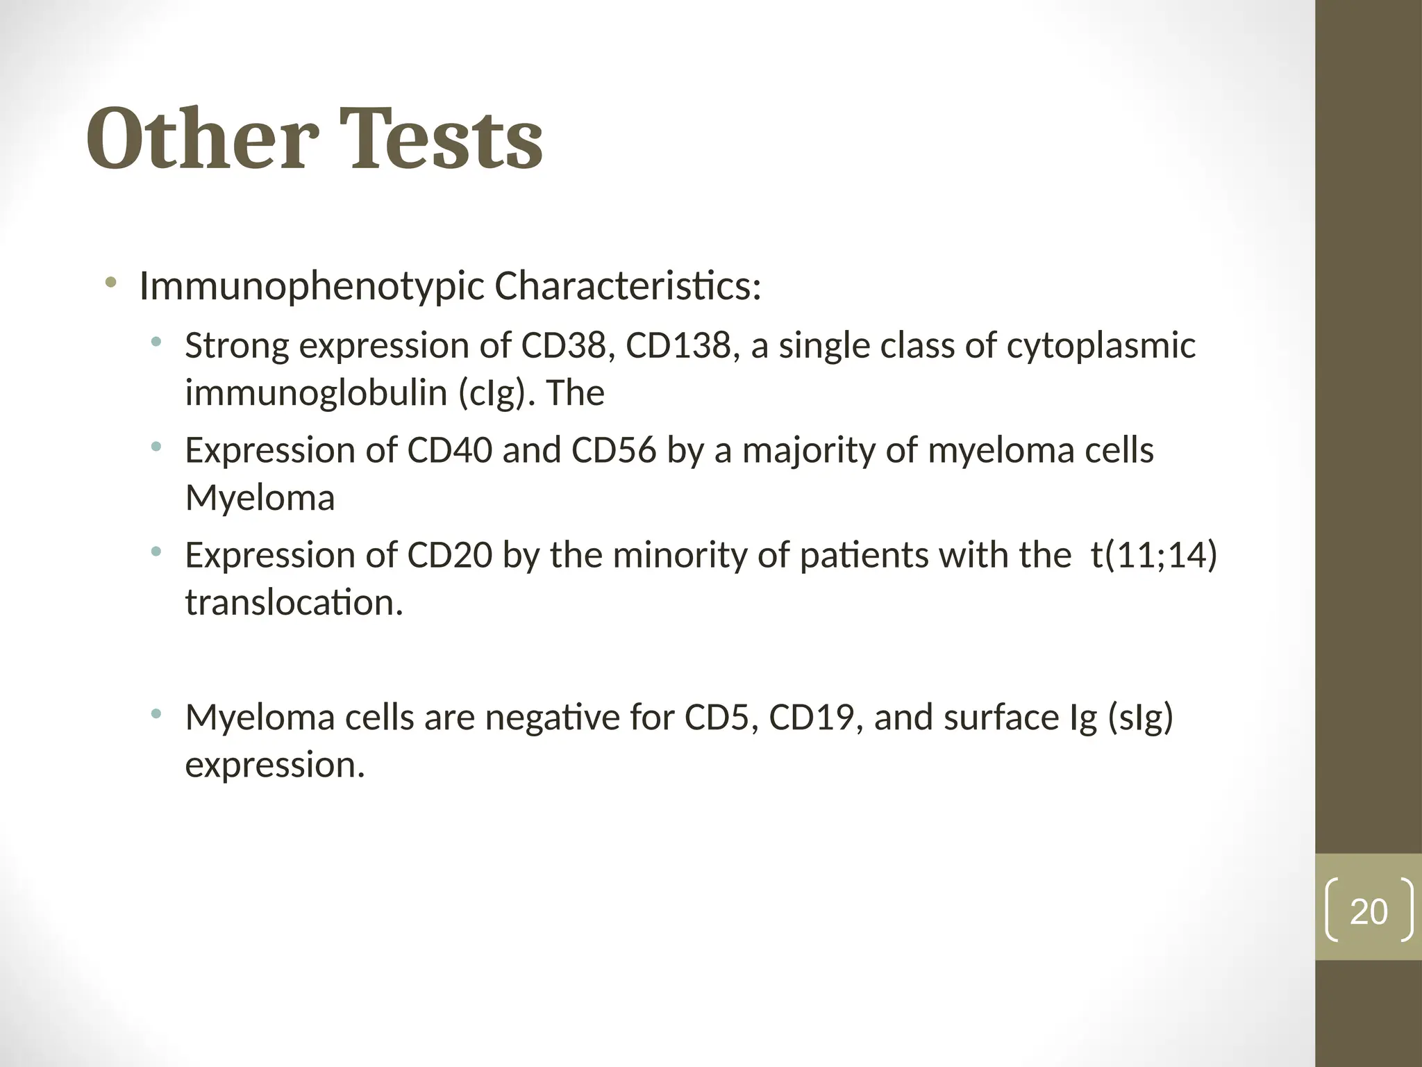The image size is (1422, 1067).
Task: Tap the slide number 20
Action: tap(1368, 911)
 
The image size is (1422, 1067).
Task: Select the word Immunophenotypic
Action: tap(312, 286)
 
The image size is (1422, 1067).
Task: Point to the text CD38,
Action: tap(568, 346)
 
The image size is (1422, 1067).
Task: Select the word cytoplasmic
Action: tap(1101, 346)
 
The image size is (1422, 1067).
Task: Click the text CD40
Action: tap(449, 451)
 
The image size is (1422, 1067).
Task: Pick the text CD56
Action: tap(613, 451)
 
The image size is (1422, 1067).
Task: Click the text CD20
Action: tap(449, 556)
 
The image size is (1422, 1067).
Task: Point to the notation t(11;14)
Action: tap(1153, 556)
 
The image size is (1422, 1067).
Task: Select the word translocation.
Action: tap(294, 603)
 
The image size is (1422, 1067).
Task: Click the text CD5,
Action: tap(721, 718)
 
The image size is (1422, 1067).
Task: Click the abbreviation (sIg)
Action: tap(1141, 718)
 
